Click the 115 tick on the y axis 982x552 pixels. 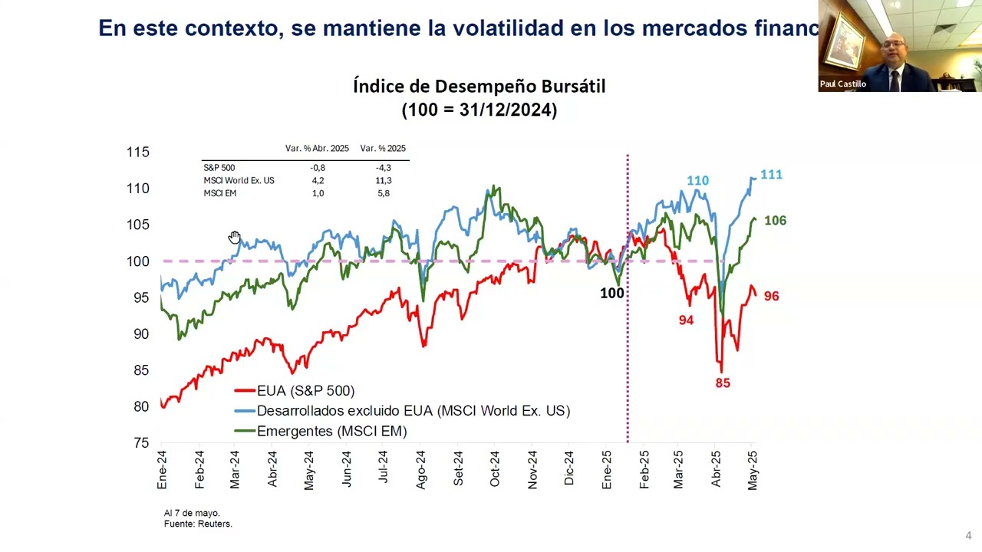[x=138, y=153]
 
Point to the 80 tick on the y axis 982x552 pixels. [x=141, y=407]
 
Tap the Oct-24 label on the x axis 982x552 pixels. [x=495, y=468]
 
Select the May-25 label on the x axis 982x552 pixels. [x=753, y=470]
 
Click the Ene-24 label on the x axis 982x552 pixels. [x=162, y=470]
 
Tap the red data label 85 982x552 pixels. [x=723, y=383]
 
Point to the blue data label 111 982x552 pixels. [x=771, y=175]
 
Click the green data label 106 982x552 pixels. [x=775, y=221]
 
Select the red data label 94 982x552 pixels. [x=686, y=320]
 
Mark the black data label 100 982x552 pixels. [x=611, y=293]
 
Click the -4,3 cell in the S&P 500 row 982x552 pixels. [x=383, y=168]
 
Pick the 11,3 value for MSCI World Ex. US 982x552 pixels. [x=383, y=181]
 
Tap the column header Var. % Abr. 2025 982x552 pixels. [x=317, y=149]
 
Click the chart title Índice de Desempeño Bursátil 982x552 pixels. [x=479, y=86]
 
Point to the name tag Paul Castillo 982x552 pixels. [x=842, y=84]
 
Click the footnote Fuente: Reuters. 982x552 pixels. [x=198, y=524]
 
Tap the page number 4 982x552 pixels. [x=968, y=536]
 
